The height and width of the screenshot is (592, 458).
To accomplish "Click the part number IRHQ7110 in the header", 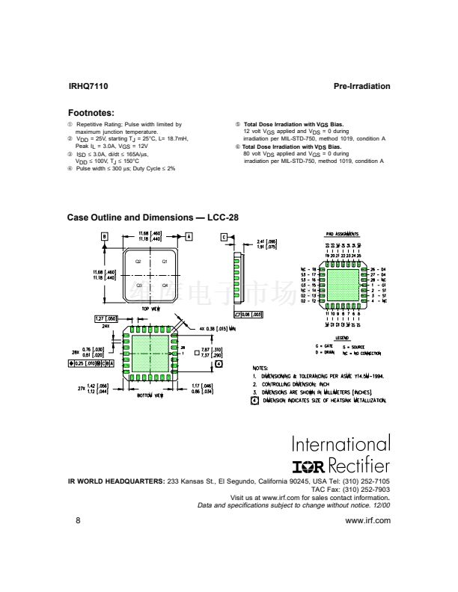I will pos(88,87).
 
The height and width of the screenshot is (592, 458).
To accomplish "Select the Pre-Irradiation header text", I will pos(361,87).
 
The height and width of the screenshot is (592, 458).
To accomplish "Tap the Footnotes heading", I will pos(91,113).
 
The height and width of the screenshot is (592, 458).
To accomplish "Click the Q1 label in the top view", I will pos(165,262).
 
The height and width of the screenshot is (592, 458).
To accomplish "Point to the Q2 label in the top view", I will pos(138,262).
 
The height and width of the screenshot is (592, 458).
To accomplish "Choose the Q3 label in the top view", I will pos(138,286).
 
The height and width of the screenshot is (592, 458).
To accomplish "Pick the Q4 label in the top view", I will pos(165,286).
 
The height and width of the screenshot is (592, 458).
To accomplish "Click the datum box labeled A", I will pos(190,236).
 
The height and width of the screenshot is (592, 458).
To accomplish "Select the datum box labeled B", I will pos(106,236).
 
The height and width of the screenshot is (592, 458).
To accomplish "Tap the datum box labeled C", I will pos(224,237).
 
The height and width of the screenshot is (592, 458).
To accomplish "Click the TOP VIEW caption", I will pos(151,309).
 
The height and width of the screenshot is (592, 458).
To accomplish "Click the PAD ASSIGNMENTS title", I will pos(343,234).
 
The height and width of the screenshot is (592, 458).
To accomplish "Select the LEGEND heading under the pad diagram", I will pos(342,338).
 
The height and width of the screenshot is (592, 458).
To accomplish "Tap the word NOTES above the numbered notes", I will pos(260,368).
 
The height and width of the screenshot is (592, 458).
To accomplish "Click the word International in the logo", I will pos(341,444).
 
